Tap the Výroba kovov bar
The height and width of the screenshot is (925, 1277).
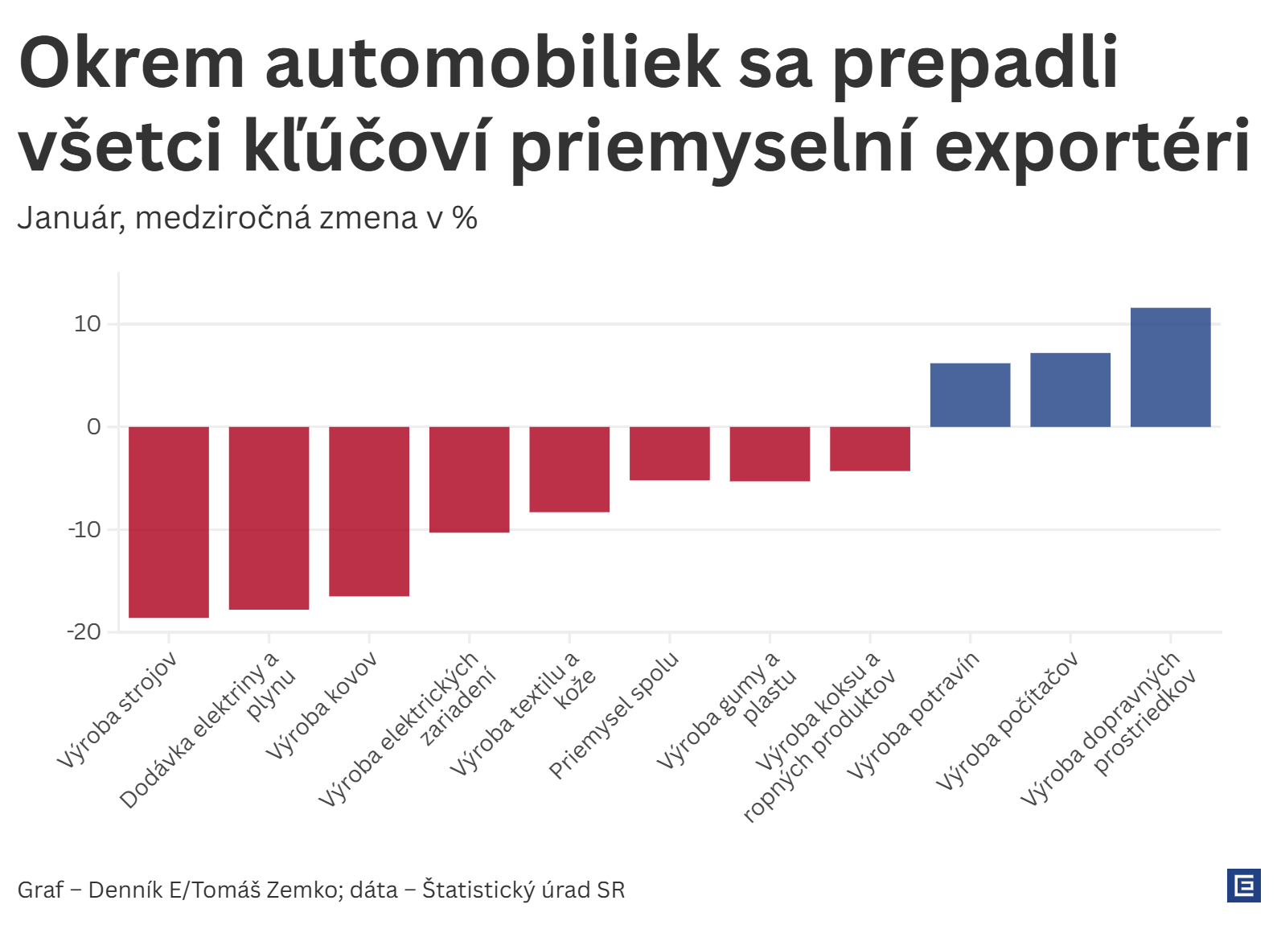pos(369,511)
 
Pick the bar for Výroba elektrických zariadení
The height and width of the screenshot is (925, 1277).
pos(469,479)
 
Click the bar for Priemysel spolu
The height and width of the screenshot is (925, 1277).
pos(669,453)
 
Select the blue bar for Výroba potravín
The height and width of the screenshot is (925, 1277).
pos(970,395)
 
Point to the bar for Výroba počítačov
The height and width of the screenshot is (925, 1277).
pos(1070,390)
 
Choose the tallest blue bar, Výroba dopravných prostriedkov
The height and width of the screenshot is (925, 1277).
pos(1170,368)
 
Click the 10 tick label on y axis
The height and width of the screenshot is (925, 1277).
pos(88,324)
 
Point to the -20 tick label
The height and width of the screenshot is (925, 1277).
pos(84,632)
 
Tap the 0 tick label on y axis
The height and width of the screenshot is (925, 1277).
pos(94,427)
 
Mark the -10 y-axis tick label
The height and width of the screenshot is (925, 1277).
pos(84,530)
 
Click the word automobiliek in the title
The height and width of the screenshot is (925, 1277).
pos(493,63)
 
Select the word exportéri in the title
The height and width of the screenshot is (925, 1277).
pos(1092,146)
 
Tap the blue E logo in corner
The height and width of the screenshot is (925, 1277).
pos(1243,886)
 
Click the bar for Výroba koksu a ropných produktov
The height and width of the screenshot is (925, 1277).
pos(869,448)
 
